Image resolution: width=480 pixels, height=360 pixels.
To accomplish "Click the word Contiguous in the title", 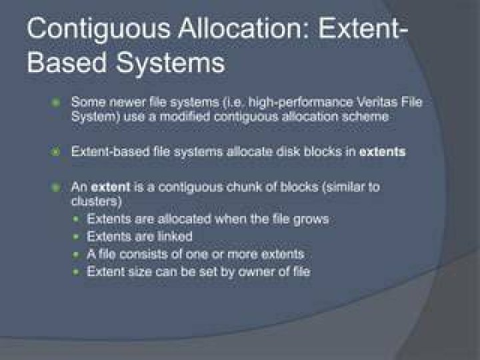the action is pyautogui.click(x=99, y=30).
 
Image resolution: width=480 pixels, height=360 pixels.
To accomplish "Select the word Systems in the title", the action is pyautogui.click(x=170, y=63).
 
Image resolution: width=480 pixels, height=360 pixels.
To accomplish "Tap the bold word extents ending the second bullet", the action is pyautogui.click(x=383, y=152).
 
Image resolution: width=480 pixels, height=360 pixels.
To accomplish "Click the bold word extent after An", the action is pyautogui.click(x=111, y=187).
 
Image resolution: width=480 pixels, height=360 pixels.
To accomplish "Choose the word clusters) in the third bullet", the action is pyautogui.click(x=97, y=201).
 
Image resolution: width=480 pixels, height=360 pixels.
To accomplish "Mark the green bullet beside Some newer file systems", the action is pyautogui.click(x=56, y=103).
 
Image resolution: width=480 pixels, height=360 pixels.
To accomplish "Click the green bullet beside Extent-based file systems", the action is pyautogui.click(x=56, y=151).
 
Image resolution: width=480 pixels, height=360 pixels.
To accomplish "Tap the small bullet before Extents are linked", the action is pyautogui.click(x=76, y=237).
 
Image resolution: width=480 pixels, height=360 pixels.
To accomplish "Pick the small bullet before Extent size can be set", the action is pyautogui.click(x=76, y=272).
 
